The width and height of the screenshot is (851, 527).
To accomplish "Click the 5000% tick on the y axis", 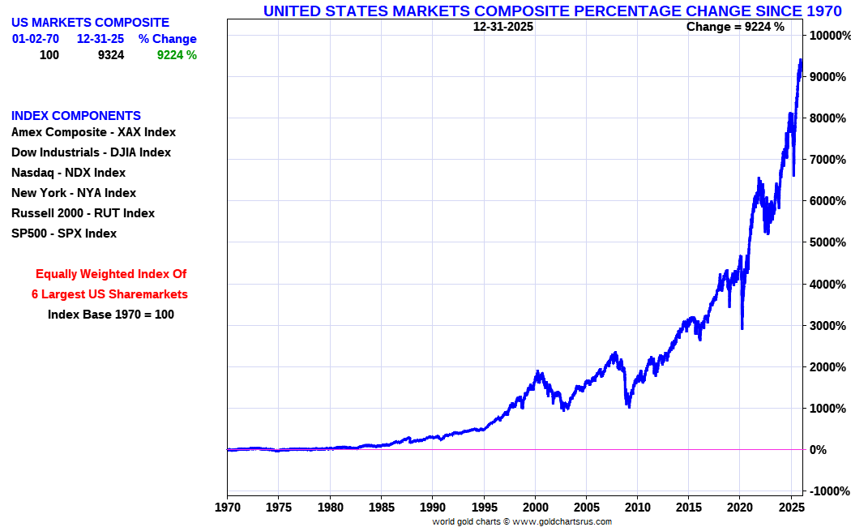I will tap(827, 242).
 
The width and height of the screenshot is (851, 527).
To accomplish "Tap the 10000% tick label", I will tap(828, 36).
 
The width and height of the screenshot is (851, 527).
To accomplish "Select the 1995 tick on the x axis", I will tap(484, 507).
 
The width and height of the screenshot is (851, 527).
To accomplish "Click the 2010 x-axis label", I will tap(638, 507).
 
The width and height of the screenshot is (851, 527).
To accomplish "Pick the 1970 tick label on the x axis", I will tap(228, 507).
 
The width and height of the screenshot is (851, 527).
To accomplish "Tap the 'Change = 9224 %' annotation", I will tap(735, 27).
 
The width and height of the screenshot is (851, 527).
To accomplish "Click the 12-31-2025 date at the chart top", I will tap(503, 27).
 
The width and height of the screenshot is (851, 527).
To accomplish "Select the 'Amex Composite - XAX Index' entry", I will tap(93, 132).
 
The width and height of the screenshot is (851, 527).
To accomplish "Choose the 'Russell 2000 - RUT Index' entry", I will tap(83, 213).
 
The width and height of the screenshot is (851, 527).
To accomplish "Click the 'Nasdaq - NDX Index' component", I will tap(68, 173).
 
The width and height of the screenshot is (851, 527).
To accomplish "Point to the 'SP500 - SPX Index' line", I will tap(64, 234).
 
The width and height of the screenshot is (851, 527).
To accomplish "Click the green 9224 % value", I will tap(177, 55).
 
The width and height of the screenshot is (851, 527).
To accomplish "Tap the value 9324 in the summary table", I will tap(110, 55).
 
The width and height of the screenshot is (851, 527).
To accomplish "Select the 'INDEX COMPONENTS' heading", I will tap(76, 116).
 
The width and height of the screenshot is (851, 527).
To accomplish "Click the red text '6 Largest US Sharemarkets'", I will tap(109, 294).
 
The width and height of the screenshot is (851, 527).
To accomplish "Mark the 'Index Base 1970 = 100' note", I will tap(110, 315).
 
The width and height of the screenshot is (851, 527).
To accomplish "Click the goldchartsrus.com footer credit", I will tap(521, 521).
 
